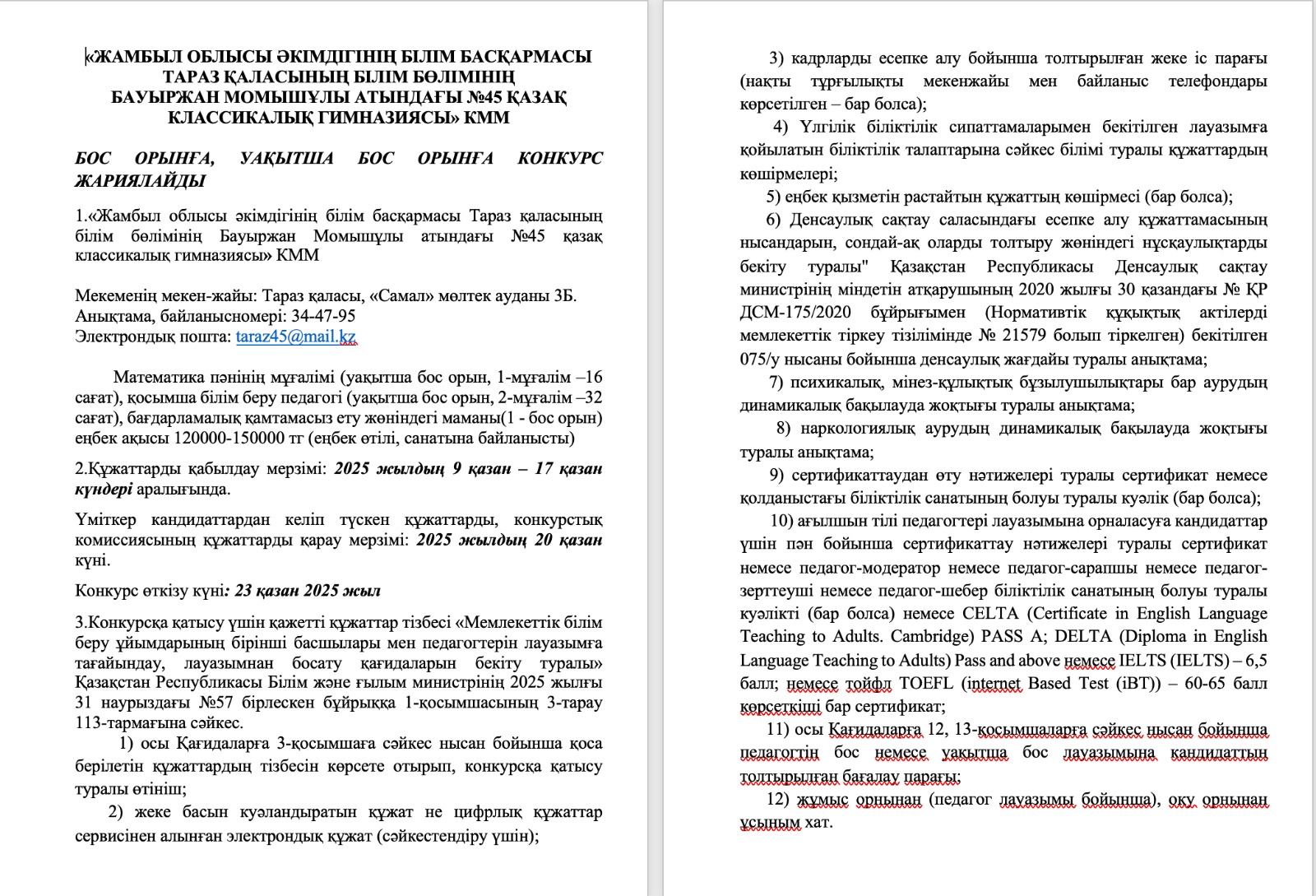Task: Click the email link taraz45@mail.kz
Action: [x=295, y=337]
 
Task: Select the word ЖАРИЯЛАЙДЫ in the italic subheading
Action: [x=140, y=180]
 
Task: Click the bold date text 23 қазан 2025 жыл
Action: [x=308, y=591]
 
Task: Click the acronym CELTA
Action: [x=990, y=614]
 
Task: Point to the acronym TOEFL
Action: [x=926, y=684]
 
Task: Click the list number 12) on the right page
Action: [x=777, y=799]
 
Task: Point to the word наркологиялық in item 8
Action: [x=854, y=429]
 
